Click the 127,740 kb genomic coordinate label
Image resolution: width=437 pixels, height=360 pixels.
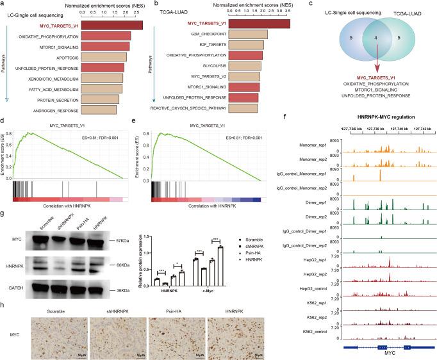point(397,128)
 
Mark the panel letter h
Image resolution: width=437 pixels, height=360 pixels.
point(4,303)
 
